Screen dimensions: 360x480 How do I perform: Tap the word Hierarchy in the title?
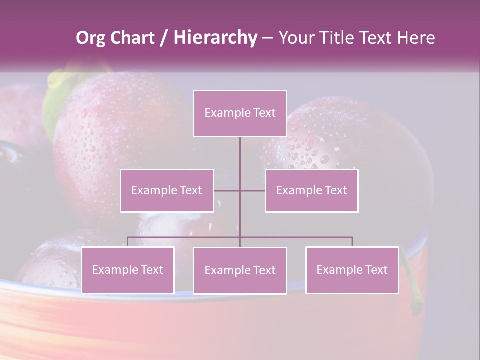pyautogui.click(x=215, y=38)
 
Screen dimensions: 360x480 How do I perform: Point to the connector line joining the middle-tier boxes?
pyautogui.click(x=252, y=190)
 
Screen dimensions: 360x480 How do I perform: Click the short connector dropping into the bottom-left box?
pyautogui.click(x=128, y=242)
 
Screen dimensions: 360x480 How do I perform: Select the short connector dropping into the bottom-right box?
pyautogui.click(x=352, y=242)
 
